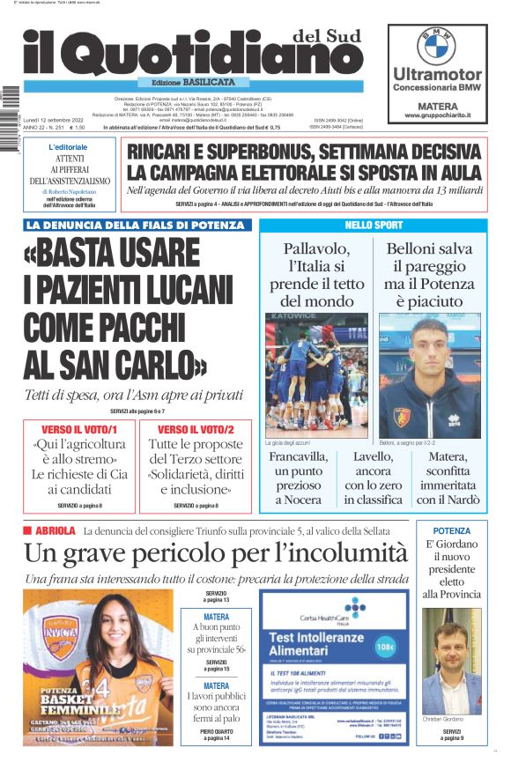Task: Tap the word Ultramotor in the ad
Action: (437, 74)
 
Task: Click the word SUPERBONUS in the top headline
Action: (258, 151)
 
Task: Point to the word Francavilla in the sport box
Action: (298, 457)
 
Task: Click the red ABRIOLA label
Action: (56, 531)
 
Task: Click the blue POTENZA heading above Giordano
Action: (452, 530)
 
